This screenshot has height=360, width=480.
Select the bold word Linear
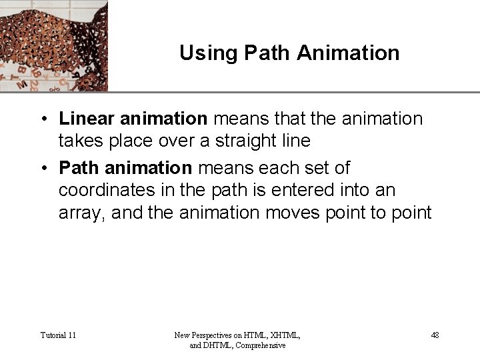[87, 119]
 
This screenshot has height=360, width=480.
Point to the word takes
[79, 141]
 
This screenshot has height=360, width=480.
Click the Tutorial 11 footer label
[58, 335]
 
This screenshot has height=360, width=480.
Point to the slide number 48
[435, 335]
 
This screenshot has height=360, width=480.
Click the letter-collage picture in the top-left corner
[53, 45]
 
